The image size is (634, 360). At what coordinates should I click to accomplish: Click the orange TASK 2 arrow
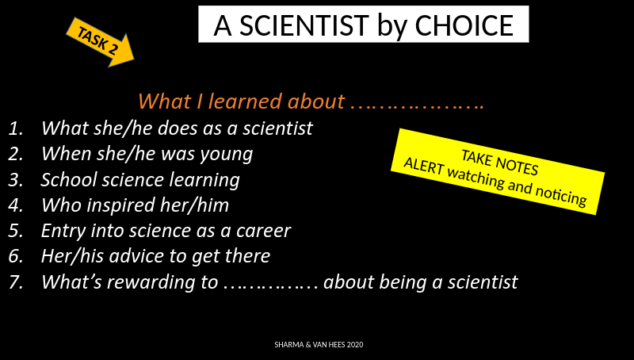(x=101, y=42)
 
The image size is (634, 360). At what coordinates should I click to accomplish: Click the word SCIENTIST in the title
(x=304, y=25)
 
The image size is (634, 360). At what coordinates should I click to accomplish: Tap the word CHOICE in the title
(x=464, y=25)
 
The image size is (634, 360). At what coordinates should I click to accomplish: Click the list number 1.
(x=15, y=128)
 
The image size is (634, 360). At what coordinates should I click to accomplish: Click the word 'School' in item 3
(x=69, y=179)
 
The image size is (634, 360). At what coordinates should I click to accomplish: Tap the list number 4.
(x=15, y=205)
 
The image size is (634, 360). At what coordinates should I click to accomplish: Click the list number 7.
(x=15, y=282)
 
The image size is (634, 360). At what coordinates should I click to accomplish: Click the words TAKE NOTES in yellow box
(x=500, y=163)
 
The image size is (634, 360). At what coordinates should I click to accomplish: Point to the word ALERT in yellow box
(x=424, y=166)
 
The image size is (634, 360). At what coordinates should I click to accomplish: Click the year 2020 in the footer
(x=354, y=345)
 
